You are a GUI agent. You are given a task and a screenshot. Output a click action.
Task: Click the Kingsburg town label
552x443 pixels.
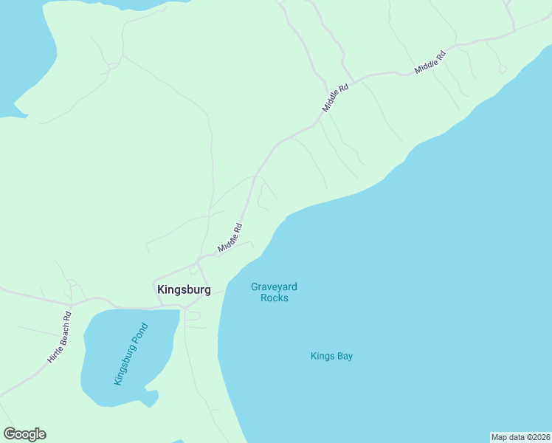[x=184, y=290]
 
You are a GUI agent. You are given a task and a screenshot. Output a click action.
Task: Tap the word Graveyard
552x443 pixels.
[x=274, y=287]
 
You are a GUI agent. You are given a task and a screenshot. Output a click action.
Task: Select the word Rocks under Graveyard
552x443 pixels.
[x=275, y=298]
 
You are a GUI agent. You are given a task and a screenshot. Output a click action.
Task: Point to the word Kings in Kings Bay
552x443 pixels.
[x=323, y=356]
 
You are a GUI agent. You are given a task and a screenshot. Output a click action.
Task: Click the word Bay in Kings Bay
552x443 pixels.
[x=345, y=356]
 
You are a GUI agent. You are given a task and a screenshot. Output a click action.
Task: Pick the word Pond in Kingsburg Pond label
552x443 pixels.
[x=140, y=333]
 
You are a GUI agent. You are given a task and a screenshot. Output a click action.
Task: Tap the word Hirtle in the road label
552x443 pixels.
[x=52, y=353]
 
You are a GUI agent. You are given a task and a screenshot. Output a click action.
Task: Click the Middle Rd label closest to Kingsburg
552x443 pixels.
[x=230, y=238]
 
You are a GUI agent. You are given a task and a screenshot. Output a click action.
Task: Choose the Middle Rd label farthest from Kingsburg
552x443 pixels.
[x=431, y=61]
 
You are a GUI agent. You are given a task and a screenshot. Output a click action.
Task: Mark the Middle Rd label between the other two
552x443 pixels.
[x=335, y=98]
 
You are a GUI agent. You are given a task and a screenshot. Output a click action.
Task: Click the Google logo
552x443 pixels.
[x=25, y=434]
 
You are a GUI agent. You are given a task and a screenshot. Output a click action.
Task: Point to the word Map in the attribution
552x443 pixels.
[x=500, y=437]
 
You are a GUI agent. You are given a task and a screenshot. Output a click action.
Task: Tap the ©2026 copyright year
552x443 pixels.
[x=535, y=437]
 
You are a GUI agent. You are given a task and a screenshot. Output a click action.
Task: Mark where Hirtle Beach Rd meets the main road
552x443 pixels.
[x=72, y=303]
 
